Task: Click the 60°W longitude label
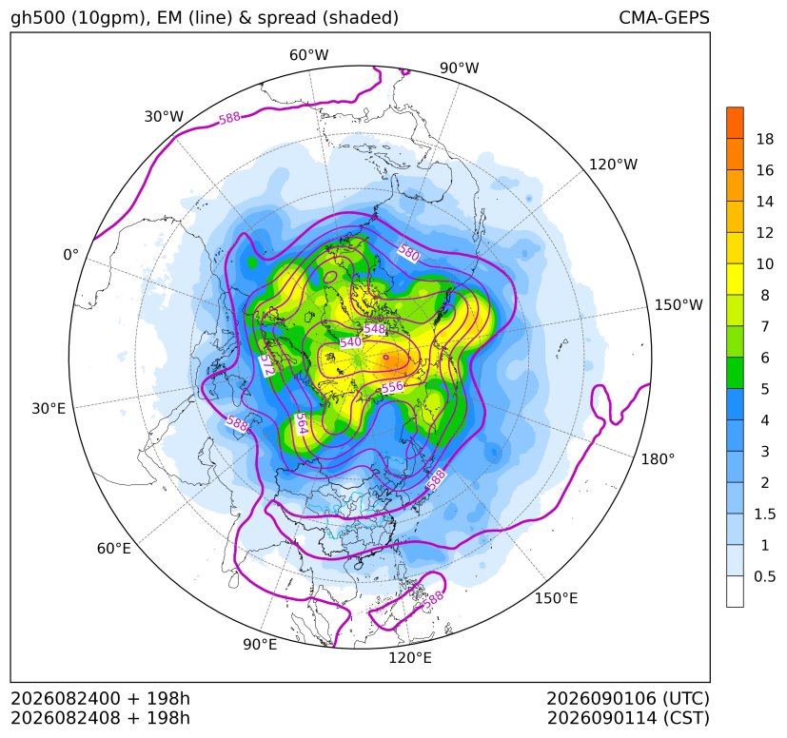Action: click(x=308, y=55)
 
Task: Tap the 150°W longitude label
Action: click(x=679, y=305)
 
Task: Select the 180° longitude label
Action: click(x=658, y=459)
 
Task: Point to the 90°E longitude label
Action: click(x=260, y=645)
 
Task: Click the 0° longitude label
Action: click(x=71, y=255)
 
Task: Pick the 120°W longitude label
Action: click(x=613, y=165)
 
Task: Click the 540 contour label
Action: click(x=350, y=342)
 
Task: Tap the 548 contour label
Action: click(x=374, y=329)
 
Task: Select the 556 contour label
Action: click(x=392, y=386)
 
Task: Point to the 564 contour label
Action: click(x=300, y=423)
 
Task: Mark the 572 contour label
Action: click(x=267, y=366)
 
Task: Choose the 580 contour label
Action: click(x=408, y=253)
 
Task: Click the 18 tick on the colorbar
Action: click(x=765, y=139)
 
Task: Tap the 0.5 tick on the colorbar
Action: click(x=764, y=576)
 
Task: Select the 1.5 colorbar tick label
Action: click(x=764, y=515)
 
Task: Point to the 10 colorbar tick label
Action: click(x=765, y=263)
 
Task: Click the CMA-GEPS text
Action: click(x=664, y=17)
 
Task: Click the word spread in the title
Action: click(x=285, y=18)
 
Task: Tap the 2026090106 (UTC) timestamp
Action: click(x=628, y=698)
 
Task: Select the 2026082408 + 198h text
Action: click(x=100, y=718)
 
